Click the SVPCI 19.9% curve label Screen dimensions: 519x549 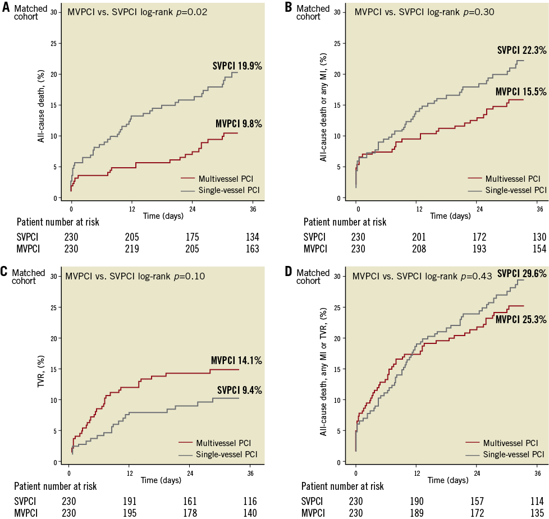point(237,66)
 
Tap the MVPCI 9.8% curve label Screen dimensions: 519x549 point(239,124)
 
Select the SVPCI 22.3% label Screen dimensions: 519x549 point(521,50)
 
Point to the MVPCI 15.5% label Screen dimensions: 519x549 point(520,91)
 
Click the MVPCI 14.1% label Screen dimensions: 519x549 point(236,361)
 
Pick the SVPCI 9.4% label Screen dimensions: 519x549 point(239,391)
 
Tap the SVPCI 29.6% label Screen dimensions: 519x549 point(521,273)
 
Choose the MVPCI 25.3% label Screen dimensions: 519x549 point(520,319)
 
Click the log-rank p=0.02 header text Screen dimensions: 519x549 point(138,12)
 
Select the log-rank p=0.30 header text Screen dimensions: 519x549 point(424,12)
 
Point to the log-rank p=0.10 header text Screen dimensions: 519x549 point(135,276)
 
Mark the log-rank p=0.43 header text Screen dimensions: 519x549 point(422,276)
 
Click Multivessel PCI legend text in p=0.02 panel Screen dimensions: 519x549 point(222,179)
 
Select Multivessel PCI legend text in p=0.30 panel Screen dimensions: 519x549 point(513,179)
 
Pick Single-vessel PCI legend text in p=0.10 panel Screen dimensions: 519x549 point(226,454)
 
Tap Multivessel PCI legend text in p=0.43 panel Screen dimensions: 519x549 point(510,443)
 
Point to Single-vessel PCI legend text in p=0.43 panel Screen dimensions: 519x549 point(514,454)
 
